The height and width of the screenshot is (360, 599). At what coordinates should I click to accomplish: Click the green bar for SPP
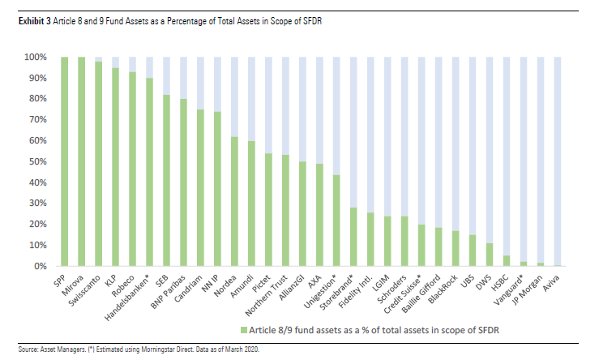pos(64,161)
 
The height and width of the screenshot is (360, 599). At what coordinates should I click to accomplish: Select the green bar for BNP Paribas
pos(182,182)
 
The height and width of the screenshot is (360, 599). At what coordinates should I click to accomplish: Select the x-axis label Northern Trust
pos(271,292)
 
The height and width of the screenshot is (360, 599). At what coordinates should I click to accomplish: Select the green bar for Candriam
pos(199,187)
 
